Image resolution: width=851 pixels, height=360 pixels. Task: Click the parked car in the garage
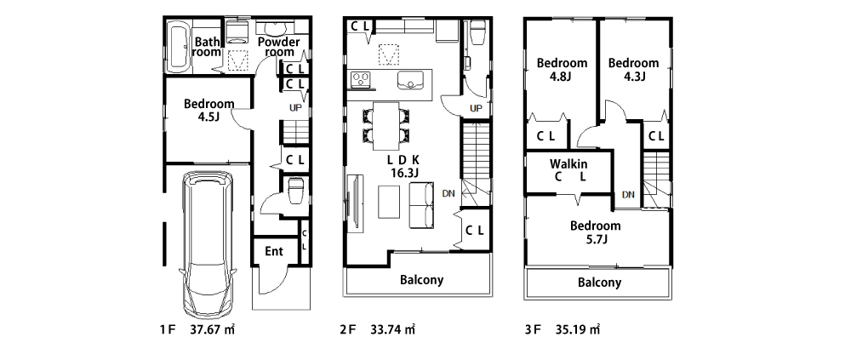(208, 245)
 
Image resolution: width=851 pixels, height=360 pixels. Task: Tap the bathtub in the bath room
(178, 48)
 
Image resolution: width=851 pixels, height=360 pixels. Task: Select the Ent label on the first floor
(274, 251)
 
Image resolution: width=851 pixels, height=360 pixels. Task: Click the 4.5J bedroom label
(209, 110)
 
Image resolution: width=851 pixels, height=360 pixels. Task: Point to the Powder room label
(278, 48)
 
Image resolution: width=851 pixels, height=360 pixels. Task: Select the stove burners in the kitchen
(360, 80)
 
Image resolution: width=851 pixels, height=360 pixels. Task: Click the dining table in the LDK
(386, 125)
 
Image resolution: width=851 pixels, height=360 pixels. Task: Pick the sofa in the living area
(422, 207)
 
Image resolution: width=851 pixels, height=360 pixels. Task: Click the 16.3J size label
(404, 173)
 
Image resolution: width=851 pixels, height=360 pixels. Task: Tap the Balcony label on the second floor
(422, 280)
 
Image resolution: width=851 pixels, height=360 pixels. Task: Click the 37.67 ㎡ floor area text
(213, 329)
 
